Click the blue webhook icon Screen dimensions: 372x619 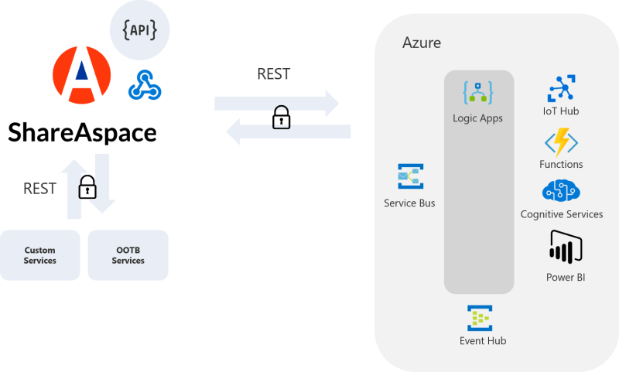pos(144,85)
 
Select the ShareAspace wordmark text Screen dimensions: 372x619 pos(82,132)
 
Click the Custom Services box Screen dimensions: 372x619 pos(40,255)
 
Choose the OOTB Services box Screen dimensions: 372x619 pos(128,255)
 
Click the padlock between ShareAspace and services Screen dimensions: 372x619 pos(87,186)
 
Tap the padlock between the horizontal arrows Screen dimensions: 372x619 pos(281,118)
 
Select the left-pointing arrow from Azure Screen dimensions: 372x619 pos(288,133)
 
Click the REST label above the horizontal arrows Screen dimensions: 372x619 pos(274,74)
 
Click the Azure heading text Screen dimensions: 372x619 pos(422,43)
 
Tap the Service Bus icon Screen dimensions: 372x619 pos(409,177)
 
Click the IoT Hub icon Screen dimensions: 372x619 pos(561,88)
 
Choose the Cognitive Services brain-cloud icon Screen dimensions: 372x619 pos(561,191)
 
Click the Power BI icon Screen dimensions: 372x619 pos(564,247)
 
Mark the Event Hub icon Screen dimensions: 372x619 pos(480,318)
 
